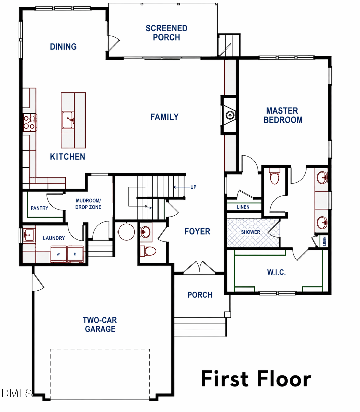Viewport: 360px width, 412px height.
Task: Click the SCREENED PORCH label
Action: click(167, 33)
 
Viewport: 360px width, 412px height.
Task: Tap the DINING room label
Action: click(63, 47)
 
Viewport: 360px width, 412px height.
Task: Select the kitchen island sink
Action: click(68, 120)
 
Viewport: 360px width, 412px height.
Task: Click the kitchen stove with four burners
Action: click(29, 122)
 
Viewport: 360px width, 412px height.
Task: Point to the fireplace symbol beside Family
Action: click(229, 115)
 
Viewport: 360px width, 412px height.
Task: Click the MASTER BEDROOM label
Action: click(283, 115)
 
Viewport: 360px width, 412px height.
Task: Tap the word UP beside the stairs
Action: click(193, 187)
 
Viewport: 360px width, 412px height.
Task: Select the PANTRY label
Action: click(39, 208)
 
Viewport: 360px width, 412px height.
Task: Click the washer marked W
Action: click(58, 254)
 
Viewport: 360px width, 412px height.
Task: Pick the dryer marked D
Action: click(75, 254)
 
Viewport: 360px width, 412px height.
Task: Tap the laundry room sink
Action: click(29, 235)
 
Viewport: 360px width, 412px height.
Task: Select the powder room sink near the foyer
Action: click(145, 232)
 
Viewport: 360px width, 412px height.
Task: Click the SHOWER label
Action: click(251, 232)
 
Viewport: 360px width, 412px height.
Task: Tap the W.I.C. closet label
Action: click(277, 272)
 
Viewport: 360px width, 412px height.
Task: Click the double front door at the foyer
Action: click(199, 268)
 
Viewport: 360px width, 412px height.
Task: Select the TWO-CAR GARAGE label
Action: click(100, 324)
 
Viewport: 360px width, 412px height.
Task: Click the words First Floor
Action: click(256, 379)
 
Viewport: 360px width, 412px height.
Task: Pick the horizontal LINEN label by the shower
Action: click(243, 207)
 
